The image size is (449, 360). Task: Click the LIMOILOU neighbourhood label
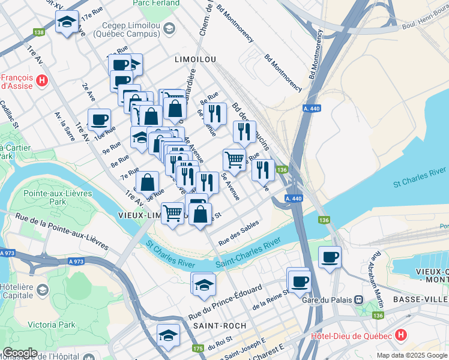(x=194, y=60)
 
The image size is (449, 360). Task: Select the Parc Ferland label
(x=156, y=3)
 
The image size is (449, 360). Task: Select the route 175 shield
(x=198, y=348)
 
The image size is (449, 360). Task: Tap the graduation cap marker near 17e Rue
(x=67, y=23)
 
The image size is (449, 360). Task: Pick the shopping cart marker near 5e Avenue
(x=234, y=160)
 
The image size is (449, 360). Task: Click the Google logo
(x=19, y=353)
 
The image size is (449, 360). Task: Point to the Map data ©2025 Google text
(x=412, y=355)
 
